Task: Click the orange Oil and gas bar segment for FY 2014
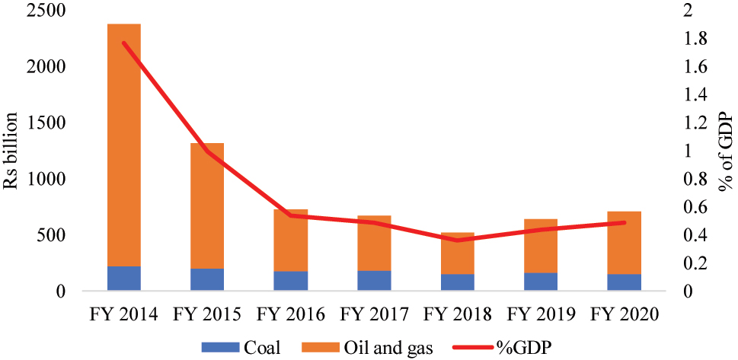pos(124,145)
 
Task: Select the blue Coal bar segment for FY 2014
pos(124,278)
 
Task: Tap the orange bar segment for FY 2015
pos(207,205)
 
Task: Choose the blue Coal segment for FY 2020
pos(625,282)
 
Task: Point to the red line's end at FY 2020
pos(625,222)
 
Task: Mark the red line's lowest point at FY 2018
pos(458,241)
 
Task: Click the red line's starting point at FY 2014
pos(124,43)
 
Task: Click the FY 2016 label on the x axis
pos(290,314)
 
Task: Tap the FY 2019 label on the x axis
pos(541,314)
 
